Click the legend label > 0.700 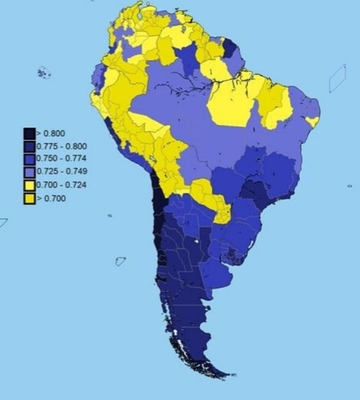[x=51, y=198]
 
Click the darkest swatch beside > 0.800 [x=29, y=133]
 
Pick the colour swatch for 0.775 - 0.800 [x=29, y=146]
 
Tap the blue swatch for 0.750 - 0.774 [x=29, y=159]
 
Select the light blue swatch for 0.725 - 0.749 [x=29, y=172]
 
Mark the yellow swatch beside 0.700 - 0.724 [x=29, y=185]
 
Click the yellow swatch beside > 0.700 [x=29, y=198]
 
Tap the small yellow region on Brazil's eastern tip [x=313, y=121]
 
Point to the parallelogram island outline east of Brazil [x=337, y=78]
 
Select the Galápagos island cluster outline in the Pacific [x=44, y=73]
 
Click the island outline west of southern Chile [x=120, y=262]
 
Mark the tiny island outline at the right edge [x=349, y=186]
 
